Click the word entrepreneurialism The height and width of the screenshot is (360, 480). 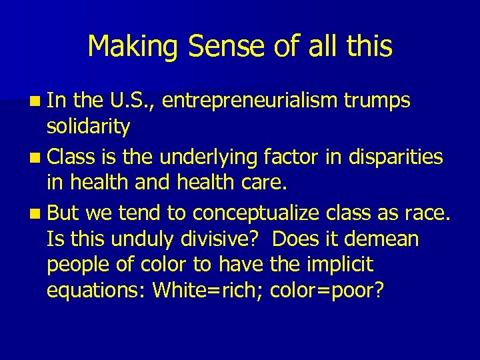click(x=249, y=101)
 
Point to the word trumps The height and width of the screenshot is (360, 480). click(x=377, y=101)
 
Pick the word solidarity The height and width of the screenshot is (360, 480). click(x=89, y=125)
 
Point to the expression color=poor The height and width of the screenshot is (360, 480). click(x=326, y=291)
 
